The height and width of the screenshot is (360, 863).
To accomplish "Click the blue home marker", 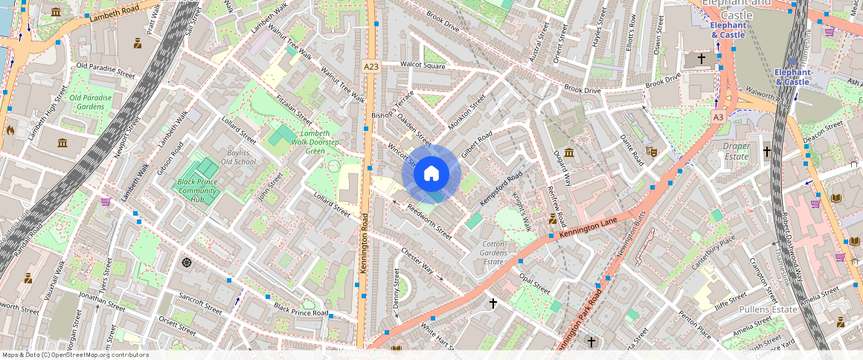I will [x=431, y=174].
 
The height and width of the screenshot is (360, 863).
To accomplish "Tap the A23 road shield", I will [x=371, y=67].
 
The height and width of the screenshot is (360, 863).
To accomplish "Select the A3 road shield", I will [x=718, y=118].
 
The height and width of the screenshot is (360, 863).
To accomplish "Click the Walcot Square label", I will [x=423, y=65].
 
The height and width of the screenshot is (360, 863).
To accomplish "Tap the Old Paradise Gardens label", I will [x=91, y=102].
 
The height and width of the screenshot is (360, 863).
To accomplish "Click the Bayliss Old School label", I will [x=238, y=157].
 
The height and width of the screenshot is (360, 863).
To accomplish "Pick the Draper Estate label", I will [x=736, y=152].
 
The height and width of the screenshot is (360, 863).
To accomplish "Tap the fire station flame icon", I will [x=10, y=129].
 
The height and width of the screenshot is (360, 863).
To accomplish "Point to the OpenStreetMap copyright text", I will [x=75, y=355].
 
